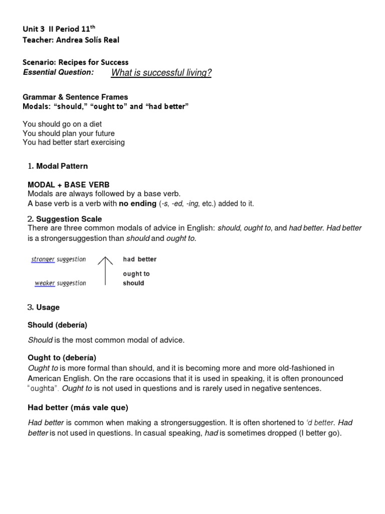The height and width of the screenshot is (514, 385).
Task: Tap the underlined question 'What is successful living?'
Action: coord(161,73)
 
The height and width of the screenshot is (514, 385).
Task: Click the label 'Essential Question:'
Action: coord(59,72)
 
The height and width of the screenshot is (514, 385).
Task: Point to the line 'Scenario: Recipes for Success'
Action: coord(76,62)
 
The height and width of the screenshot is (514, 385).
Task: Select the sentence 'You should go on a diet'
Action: coord(62,124)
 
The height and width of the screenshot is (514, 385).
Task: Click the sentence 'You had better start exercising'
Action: coord(74,142)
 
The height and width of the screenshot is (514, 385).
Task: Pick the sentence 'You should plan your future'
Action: coord(69,133)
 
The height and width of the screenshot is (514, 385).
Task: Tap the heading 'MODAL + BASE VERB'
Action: coord(69,185)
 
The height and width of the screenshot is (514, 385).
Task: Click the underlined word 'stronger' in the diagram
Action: coord(43,260)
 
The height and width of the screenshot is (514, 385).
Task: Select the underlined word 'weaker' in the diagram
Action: coord(45,283)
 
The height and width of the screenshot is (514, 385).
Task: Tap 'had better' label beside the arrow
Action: coord(140,260)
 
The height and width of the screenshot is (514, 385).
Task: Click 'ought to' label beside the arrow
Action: coord(136,274)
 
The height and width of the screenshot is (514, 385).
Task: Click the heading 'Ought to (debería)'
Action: coord(62,357)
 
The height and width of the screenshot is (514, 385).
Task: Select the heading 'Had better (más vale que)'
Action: coord(78,407)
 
